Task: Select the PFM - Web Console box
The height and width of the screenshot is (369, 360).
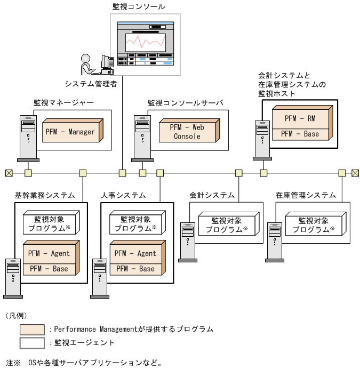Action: tap(188, 132)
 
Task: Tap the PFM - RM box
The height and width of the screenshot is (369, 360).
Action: tap(300, 117)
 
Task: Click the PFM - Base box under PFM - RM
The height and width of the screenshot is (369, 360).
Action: tap(300, 134)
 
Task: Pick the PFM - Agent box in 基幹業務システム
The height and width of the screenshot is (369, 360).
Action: tap(49, 253)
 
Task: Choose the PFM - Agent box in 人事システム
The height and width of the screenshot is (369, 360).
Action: tap(135, 253)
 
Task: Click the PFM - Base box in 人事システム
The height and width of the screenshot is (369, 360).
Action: tap(135, 269)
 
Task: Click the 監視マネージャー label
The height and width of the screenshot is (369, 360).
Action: tap(63, 102)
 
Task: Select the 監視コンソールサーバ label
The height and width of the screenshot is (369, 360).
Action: tap(185, 102)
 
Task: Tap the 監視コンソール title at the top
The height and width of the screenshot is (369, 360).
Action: tap(139, 6)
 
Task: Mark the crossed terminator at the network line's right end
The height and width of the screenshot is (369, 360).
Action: tap(355, 173)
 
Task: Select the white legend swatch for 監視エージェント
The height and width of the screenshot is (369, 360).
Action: tap(32, 342)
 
